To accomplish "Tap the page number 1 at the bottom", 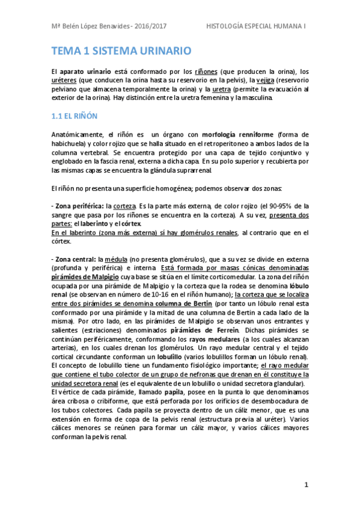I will [x=306, y=484].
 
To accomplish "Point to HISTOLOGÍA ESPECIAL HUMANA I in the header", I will [x=256, y=27].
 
